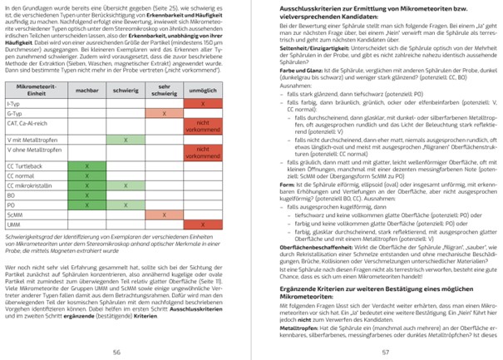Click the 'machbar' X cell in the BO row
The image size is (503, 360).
[x=87, y=195]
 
